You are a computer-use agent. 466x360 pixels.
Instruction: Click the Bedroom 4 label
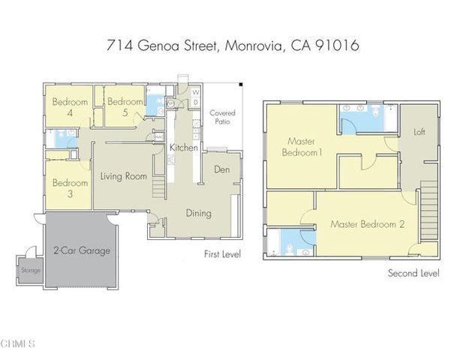(x=70, y=107)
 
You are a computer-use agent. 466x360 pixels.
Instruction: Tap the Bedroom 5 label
(x=124, y=106)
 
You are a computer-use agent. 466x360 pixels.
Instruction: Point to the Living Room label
(x=123, y=177)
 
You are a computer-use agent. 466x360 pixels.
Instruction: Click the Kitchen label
(x=183, y=148)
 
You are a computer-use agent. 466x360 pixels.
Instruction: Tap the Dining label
(x=199, y=213)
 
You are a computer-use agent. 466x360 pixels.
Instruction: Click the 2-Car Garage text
(x=82, y=250)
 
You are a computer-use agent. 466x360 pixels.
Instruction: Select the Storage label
(x=31, y=270)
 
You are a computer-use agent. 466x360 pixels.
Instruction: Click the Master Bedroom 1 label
(x=302, y=147)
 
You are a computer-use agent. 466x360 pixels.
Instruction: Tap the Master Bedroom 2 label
(x=368, y=224)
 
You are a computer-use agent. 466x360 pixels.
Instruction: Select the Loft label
(x=419, y=131)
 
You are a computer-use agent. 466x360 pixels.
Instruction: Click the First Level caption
(x=222, y=255)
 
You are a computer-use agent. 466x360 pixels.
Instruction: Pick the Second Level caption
(x=413, y=273)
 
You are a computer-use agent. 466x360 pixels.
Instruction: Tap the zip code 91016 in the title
(x=337, y=46)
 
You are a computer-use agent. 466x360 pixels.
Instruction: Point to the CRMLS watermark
(x=18, y=344)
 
